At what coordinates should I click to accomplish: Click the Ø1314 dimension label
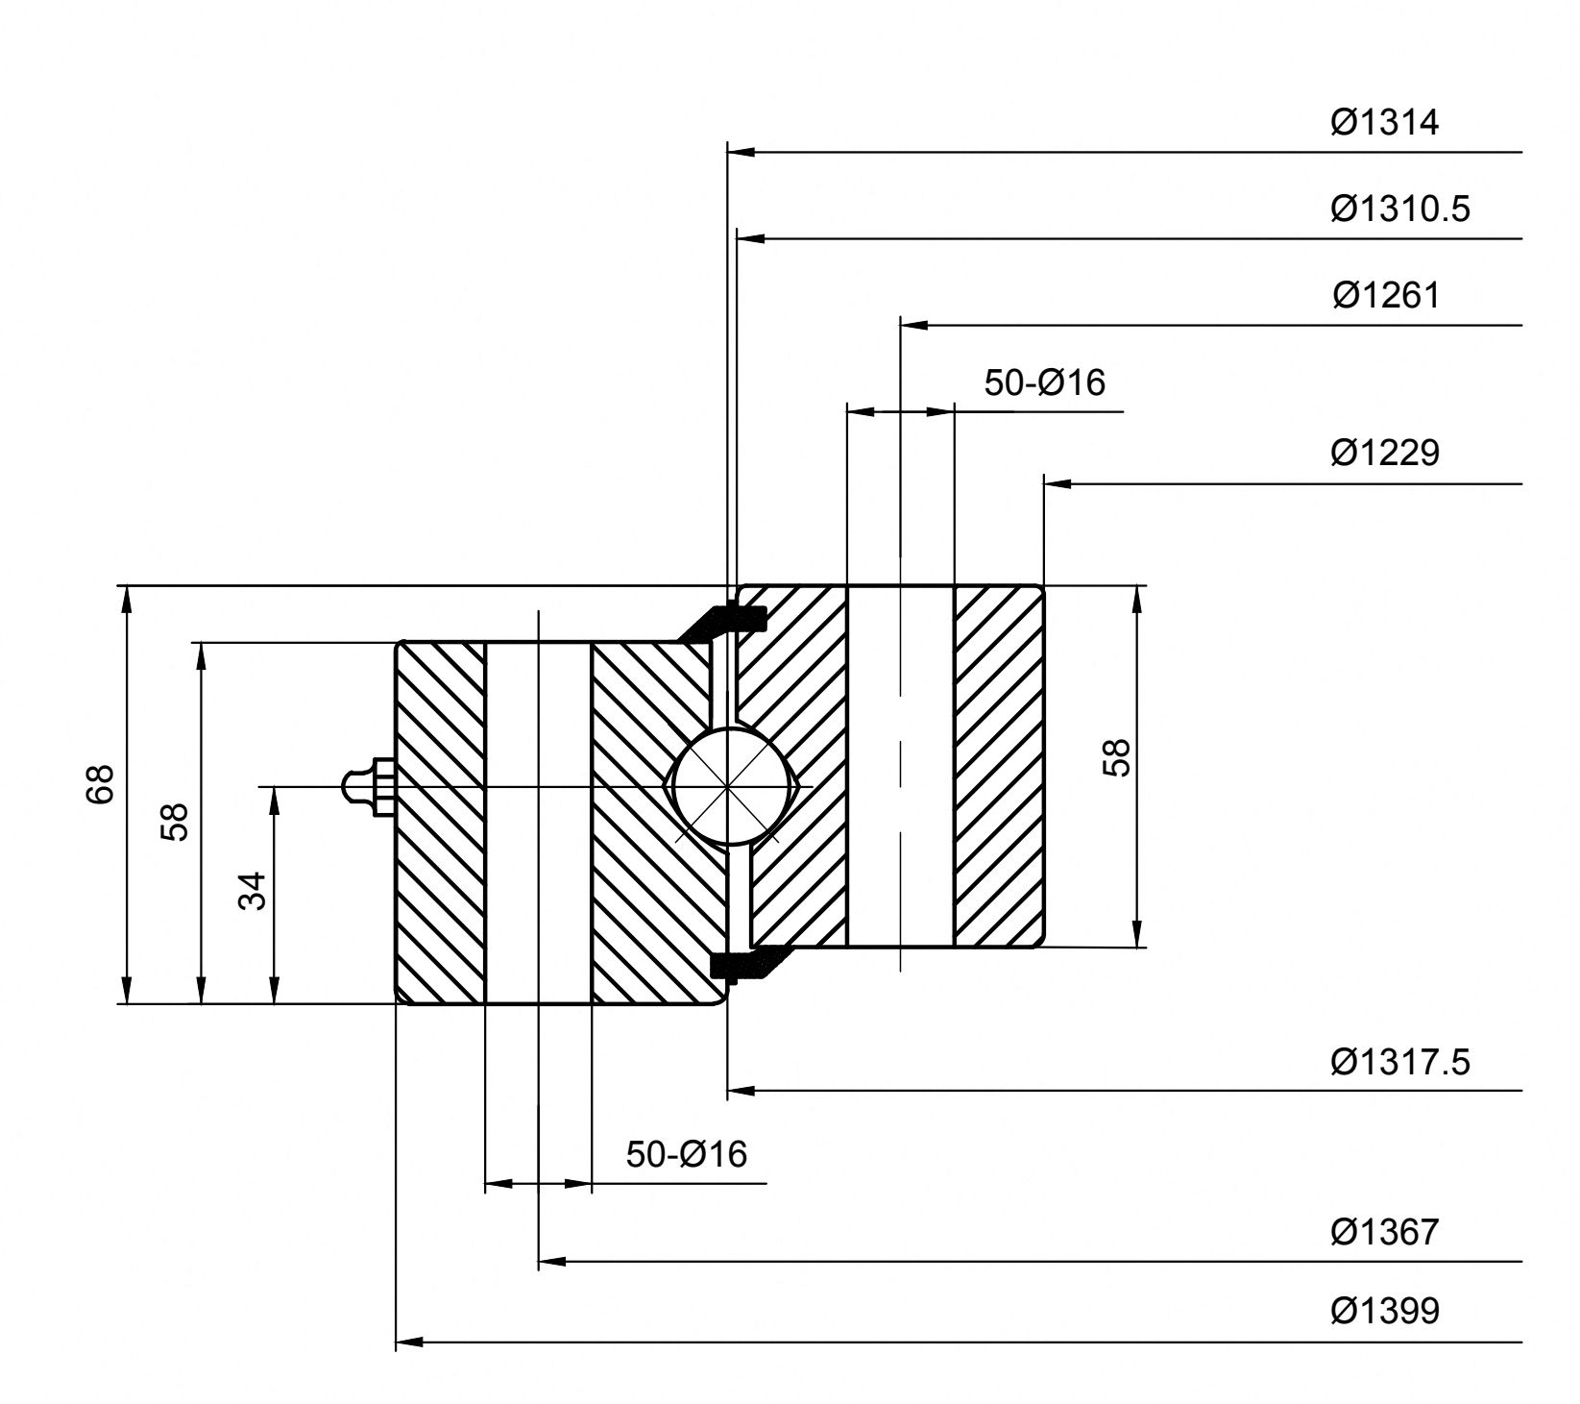(1384, 123)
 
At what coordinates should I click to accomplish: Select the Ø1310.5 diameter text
(1399, 209)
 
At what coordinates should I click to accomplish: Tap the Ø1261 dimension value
(1386, 295)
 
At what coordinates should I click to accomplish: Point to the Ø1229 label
(1385, 453)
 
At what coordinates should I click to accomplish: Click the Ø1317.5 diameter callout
(1399, 1062)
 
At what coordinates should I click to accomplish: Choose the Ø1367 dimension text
(1385, 1231)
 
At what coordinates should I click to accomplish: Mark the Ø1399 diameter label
(1385, 1311)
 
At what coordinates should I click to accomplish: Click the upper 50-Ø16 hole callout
(1044, 382)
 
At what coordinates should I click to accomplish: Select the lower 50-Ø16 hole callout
(686, 1154)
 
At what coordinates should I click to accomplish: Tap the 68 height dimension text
(101, 784)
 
